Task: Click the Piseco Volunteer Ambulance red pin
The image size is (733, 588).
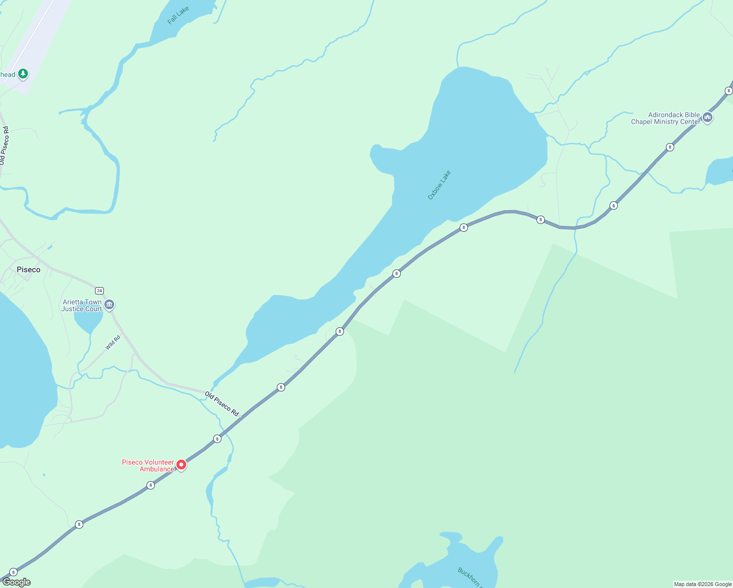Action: pos(181,465)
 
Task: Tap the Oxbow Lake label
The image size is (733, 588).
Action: pos(439,185)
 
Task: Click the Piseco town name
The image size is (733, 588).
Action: pos(28,269)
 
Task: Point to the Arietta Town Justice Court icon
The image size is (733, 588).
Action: pos(109,305)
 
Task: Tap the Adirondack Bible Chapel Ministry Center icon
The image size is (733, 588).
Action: pos(707,118)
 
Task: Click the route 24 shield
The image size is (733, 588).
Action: pos(99,291)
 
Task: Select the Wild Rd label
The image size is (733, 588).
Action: pos(113,343)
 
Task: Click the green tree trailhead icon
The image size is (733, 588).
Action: pos(23,74)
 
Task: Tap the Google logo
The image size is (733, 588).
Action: pos(17,582)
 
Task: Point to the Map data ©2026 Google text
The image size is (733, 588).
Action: pos(703,584)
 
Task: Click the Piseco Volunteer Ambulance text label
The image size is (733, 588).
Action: pos(148,465)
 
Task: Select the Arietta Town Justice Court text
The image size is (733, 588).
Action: pos(82,305)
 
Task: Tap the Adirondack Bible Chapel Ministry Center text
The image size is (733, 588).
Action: pos(665,118)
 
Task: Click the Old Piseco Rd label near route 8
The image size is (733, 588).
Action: pos(222,404)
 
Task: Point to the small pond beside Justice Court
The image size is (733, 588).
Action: pos(88,321)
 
